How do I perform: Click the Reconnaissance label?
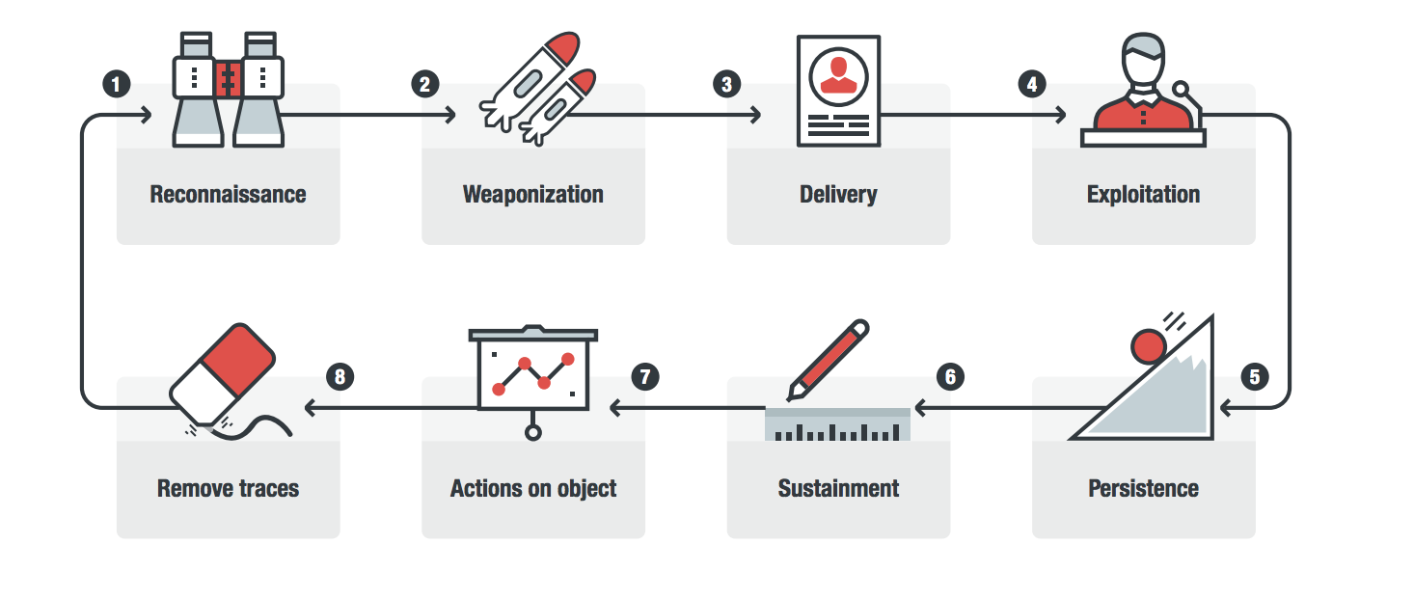coord(228,194)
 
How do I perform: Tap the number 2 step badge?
coord(423,84)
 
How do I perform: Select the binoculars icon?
coord(229,89)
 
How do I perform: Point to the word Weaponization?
coord(532,194)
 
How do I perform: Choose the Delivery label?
coord(838,194)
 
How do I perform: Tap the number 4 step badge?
coord(1032,84)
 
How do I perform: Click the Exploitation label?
coord(1143,194)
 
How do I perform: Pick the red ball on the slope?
coord(1149,344)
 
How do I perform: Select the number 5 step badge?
coord(1254,376)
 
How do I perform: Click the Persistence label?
coord(1143,488)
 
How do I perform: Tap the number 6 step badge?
coord(950,376)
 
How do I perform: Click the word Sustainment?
coord(838,488)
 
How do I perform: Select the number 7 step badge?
coord(644,376)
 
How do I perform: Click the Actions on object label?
coord(532,488)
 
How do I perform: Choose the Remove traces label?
coord(228,488)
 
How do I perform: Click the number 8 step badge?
coord(339,376)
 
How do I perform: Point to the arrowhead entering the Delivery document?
coord(754,116)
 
